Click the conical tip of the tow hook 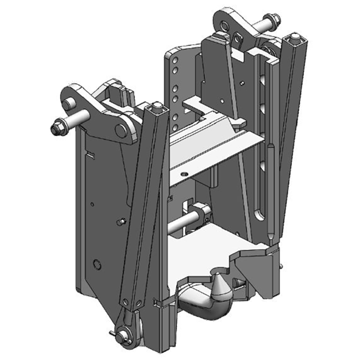point(220,292)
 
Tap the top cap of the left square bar point(157,106)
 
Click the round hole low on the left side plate point(96,264)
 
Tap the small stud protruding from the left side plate point(120,222)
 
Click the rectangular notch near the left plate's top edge point(90,155)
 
